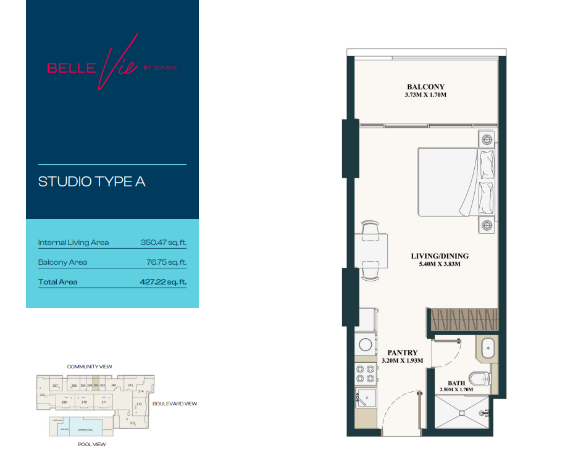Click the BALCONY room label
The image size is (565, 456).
425,86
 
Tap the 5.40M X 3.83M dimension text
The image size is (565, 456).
440,264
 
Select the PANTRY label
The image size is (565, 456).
403,352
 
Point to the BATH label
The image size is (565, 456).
457,383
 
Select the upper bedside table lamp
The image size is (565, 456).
487,139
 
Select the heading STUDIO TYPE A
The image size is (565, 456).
91,182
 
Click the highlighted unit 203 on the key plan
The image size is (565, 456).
96,385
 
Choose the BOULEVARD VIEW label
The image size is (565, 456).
174,404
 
